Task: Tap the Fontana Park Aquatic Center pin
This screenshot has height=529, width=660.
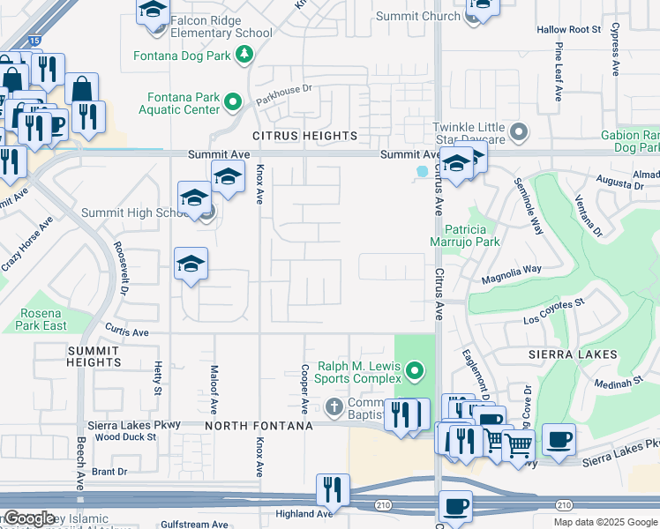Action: click(x=233, y=102)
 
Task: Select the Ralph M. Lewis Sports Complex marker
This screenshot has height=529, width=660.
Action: click(x=415, y=369)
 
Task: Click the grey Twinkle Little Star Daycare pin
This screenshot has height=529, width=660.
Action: click(x=520, y=133)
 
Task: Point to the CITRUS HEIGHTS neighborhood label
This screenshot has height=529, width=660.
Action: click(x=304, y=136)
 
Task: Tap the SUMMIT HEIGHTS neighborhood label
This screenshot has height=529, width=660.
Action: click(x=94, y=356)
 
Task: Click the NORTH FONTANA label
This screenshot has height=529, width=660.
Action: click(x=259, y=426)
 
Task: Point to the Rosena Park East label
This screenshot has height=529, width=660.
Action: click(x=41, y=319)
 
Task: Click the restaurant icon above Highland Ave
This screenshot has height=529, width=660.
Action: click(x=333, y=488)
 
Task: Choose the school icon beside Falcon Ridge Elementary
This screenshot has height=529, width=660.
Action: click(x=153, y=11)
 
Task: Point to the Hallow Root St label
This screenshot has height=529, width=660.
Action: click(x=568, y=29)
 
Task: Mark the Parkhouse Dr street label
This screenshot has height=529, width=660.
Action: click(x=284, y=89)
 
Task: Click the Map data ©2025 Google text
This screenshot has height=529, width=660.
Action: click(x=604, y=522)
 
